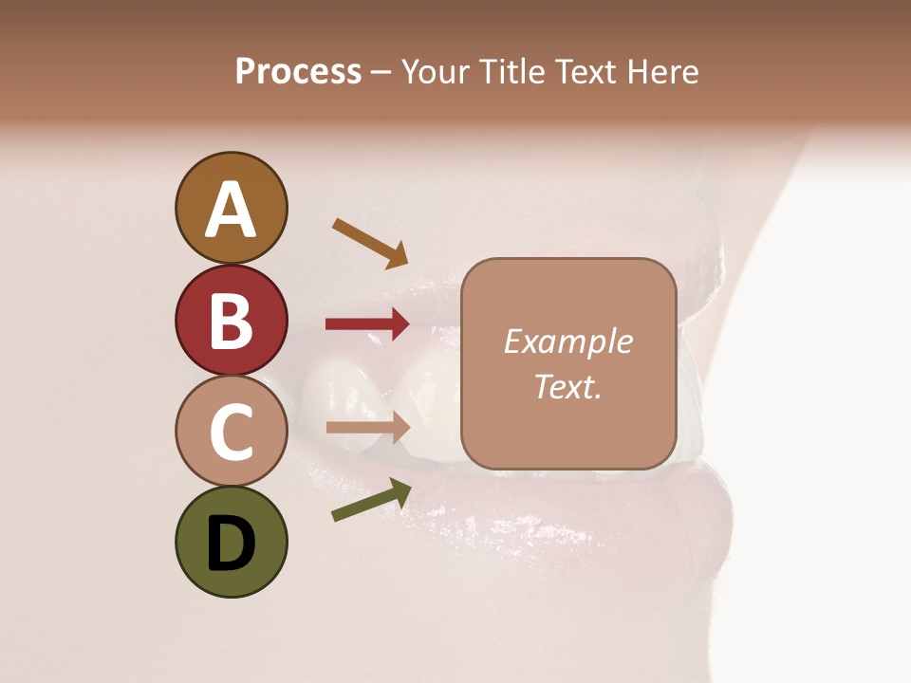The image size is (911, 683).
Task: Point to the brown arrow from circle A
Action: point(369,243)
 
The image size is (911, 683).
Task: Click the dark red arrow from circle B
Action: point(367,323)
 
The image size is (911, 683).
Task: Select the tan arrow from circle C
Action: point(367,427)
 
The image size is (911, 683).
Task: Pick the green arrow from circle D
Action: point(371,500)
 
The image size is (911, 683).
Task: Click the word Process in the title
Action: point(298,71)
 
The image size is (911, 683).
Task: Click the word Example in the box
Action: point(567,341)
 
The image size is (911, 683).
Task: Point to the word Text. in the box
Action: point(567,386)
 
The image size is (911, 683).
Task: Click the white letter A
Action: point(231,210)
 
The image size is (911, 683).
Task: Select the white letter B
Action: point(231,321)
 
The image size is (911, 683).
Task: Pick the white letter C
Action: point(231,432)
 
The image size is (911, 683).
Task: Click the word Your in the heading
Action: point(436,71)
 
